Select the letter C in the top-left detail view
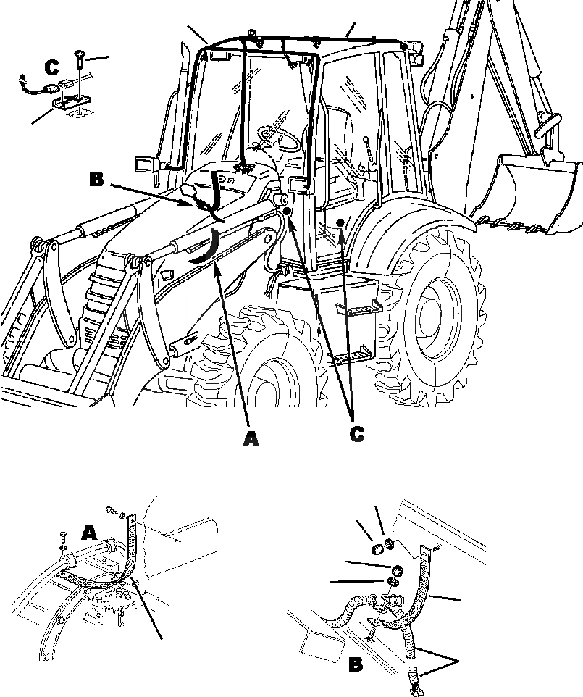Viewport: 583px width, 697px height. click(x=51, y=67)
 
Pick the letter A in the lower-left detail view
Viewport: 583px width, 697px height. click(x=88, y=533)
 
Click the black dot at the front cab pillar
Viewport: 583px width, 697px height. click(x=288, y=210)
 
